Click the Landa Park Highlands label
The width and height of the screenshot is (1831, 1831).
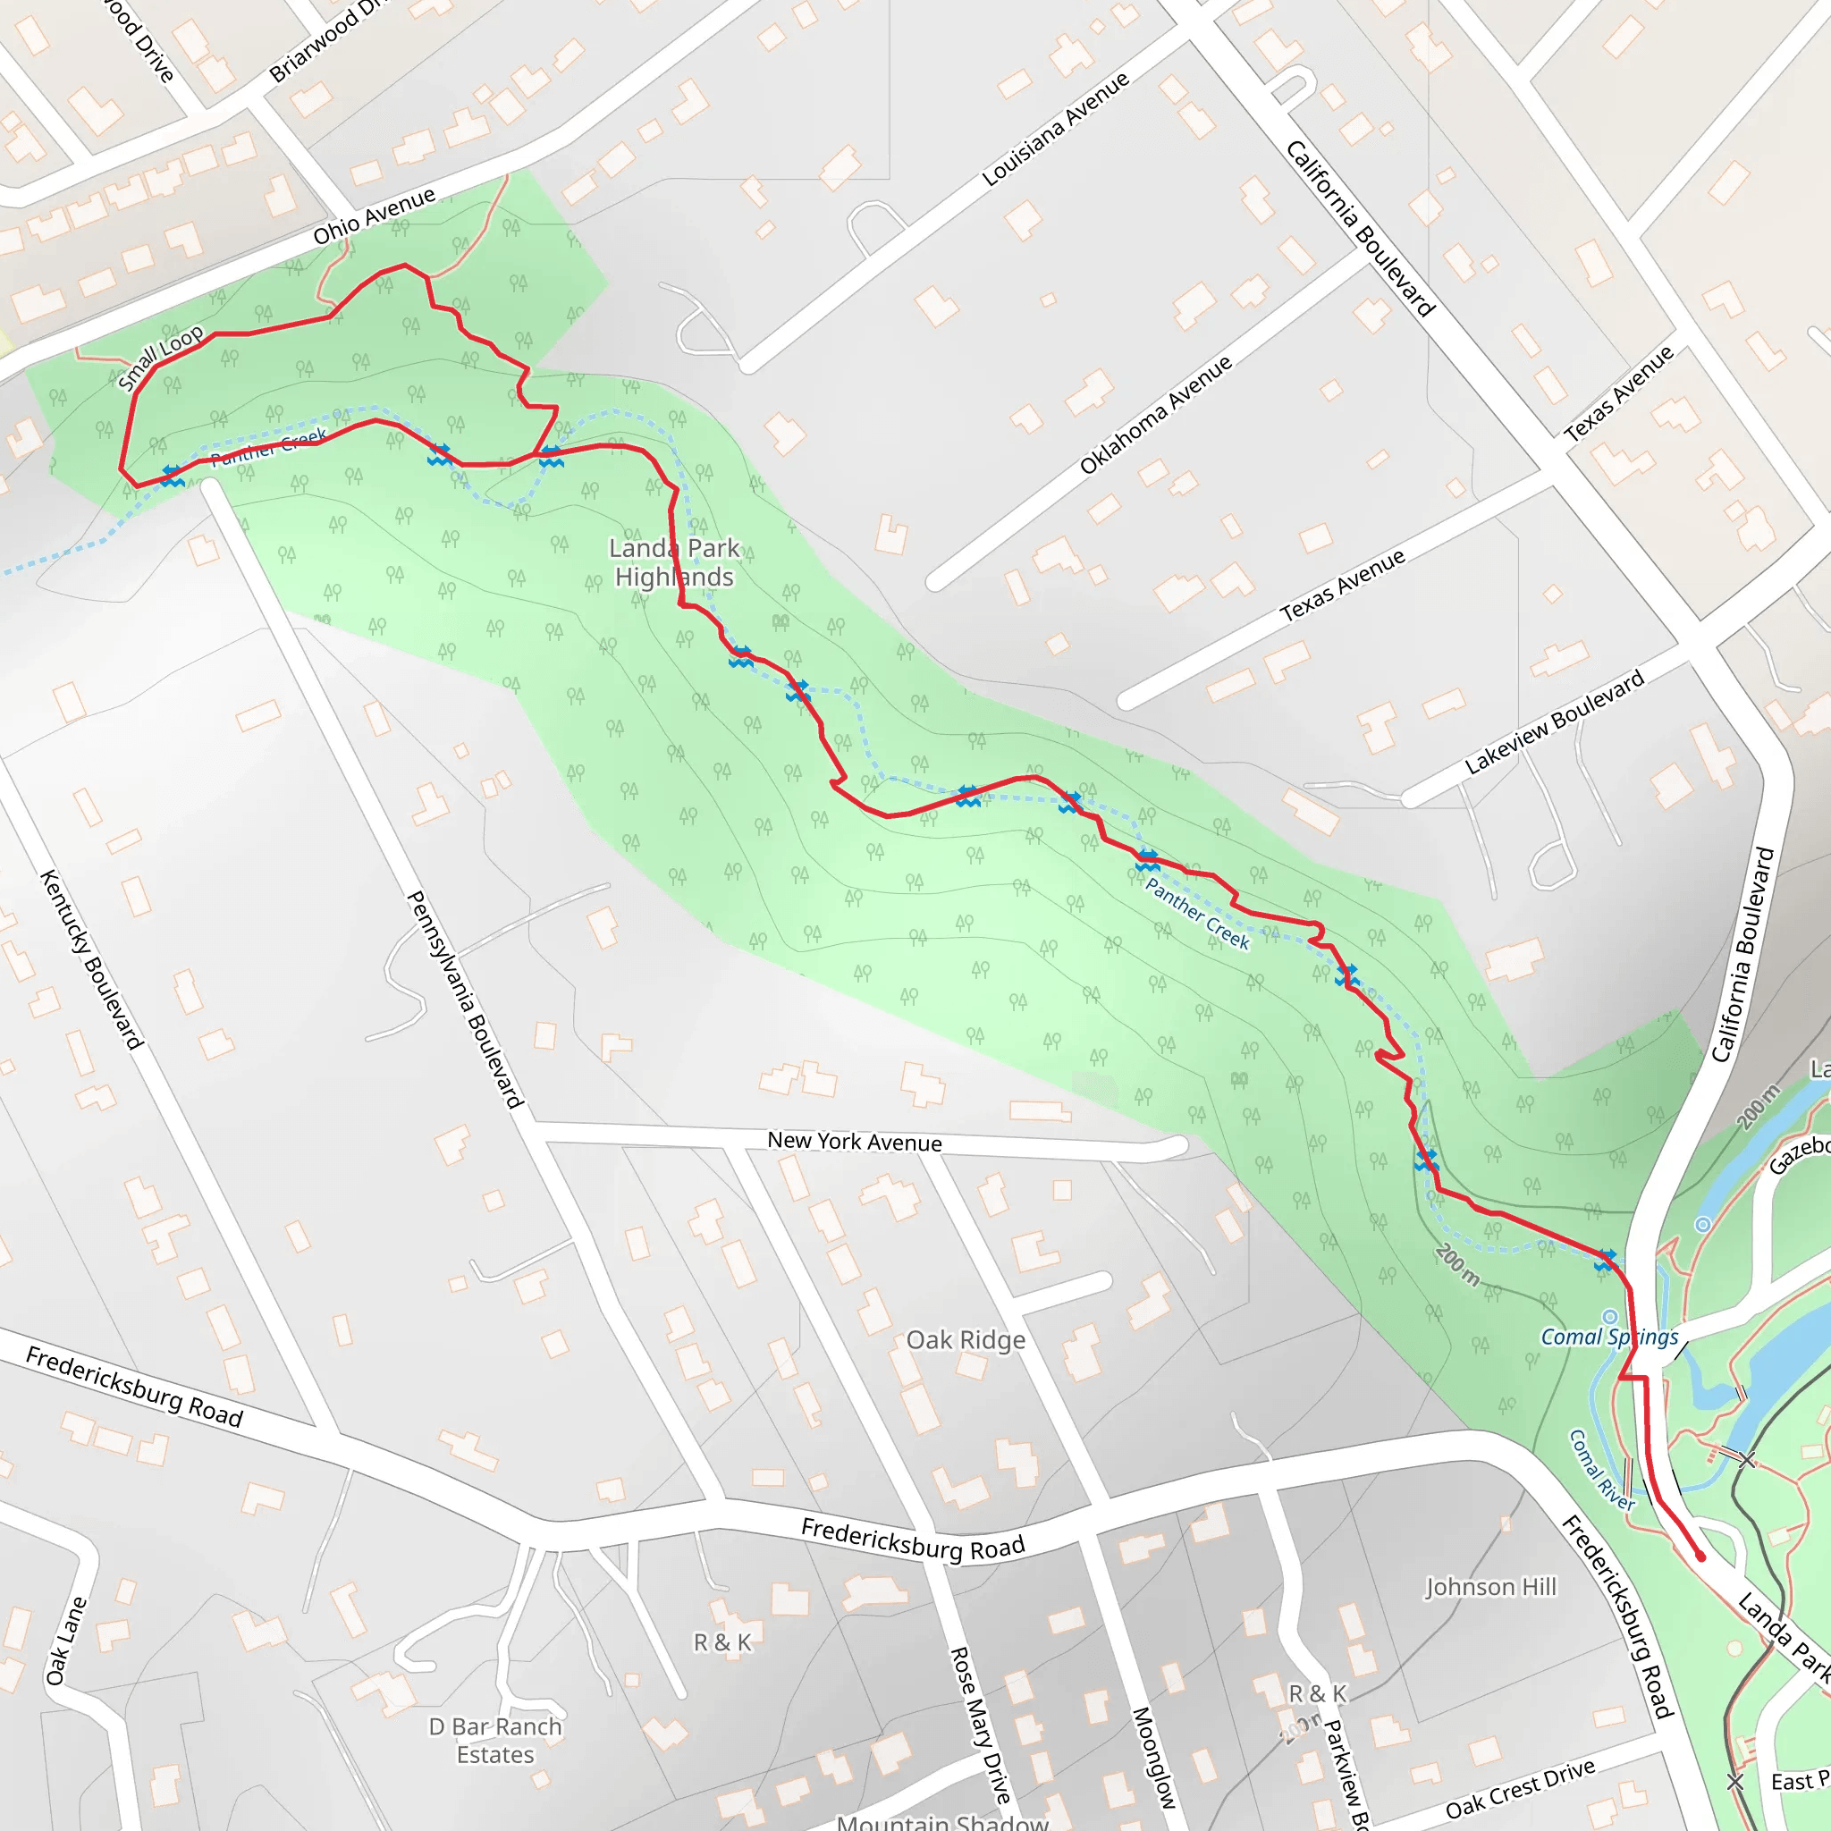coord(674,562)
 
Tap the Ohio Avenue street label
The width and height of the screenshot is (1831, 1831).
coord(375,216)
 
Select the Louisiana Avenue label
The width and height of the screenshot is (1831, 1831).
coord(1055,129)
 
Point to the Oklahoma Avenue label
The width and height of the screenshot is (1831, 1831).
coord(1155,414)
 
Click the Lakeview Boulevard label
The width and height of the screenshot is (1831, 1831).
coord(1554,722)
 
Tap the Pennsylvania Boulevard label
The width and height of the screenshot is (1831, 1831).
coord(464,999)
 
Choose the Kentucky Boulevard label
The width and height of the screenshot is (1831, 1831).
coord(91,959)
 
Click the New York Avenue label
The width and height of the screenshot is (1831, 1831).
coord(854,1141)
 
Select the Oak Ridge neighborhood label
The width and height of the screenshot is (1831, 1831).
coord(966,1340)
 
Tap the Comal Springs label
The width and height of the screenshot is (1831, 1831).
coord(1609,1337)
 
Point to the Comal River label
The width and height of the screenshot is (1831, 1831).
coord(1601,1470)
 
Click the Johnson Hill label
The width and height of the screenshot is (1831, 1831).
coord(1490,1587)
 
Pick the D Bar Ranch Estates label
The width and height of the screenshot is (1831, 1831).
coord(495,1740)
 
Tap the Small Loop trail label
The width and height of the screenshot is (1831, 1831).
coord(160,358)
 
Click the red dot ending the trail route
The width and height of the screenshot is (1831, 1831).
coord(1700,1557)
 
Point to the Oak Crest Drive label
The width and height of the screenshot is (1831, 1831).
coord(1520,1788)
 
